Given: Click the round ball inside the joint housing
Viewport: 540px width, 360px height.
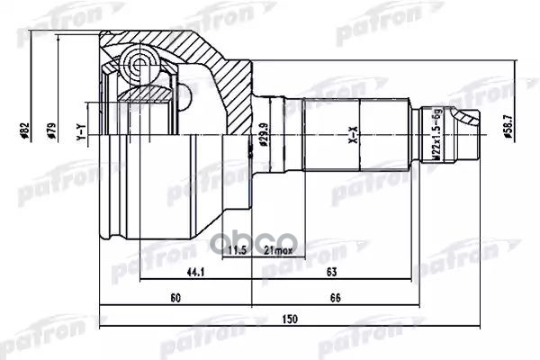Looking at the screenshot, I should point(139,63).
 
